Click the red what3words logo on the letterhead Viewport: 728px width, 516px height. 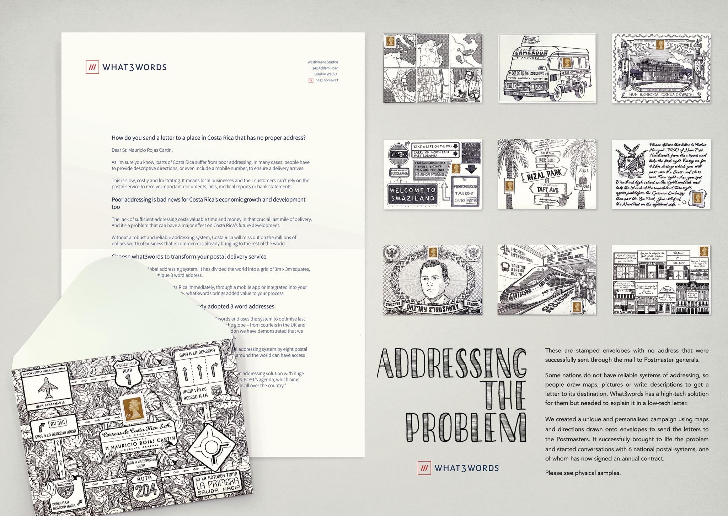(x=92, y=67)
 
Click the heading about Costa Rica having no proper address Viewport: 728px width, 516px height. (x=208, y=138)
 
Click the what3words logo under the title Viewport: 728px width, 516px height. (x=458, y=468)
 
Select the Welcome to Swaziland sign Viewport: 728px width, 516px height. (x=412, y=195)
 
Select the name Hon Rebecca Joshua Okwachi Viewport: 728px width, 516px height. (x=661, y=95)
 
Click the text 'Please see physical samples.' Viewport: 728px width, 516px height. (x=583, y=473)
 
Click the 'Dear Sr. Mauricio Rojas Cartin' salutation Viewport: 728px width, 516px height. (x=142, y=150)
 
